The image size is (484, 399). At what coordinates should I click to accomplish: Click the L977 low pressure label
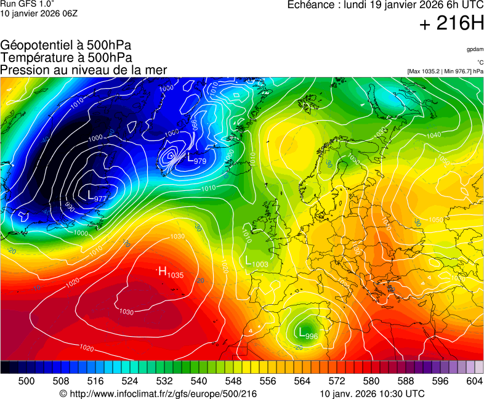point(97,197)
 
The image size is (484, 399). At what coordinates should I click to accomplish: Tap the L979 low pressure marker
point(196,161)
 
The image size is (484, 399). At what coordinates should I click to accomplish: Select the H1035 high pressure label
point(171,272)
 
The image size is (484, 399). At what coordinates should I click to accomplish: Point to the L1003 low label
point(257,263)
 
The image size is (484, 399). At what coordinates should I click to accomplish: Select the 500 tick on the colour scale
point(26,381)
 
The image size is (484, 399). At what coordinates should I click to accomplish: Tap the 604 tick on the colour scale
point(474,381)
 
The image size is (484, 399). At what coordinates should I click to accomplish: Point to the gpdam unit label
point(475,49)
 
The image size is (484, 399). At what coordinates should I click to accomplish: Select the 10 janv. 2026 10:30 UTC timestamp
point(372,393)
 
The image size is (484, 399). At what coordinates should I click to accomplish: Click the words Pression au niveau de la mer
point(84,70)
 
